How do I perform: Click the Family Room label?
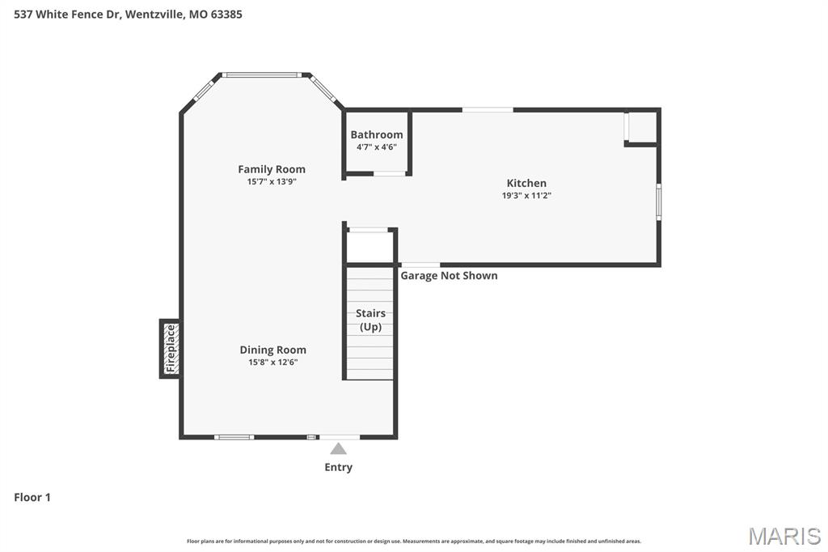[272, 169]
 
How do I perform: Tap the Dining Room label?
[272, 350]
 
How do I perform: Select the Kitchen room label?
[526, 183]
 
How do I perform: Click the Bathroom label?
[376, 134]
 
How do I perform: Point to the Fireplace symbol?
[170, 348]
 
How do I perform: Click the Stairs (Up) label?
[370, 320]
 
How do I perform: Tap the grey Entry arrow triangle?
[338, 448]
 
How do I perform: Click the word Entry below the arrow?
[338, 467]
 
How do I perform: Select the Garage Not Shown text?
[449, 276]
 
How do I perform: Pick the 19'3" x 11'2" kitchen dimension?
[526, 195]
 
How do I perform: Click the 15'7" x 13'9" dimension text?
[272, 182]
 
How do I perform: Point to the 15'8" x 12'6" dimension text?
[272, 363]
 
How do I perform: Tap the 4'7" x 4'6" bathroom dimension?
[376, 147]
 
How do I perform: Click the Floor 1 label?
[32, 498]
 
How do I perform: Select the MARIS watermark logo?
[784, 536]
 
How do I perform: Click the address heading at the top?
[128, 14]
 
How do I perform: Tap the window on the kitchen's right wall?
[658, 202]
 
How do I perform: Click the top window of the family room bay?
[261, 75]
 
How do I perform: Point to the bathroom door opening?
[390, 173]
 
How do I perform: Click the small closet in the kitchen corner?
[642, 127]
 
